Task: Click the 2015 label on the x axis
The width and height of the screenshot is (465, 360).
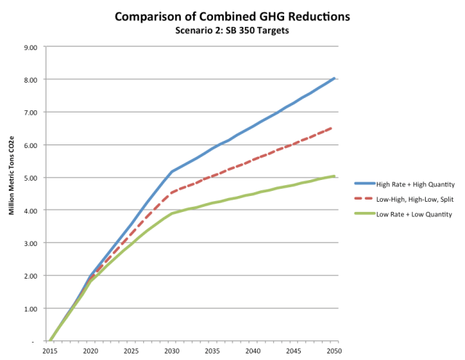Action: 51,351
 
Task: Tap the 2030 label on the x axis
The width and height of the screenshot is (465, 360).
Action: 171,351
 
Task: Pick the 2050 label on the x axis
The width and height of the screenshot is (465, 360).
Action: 333,351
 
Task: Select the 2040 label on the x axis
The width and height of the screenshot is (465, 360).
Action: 252,351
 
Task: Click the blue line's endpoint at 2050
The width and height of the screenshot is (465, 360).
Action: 333,78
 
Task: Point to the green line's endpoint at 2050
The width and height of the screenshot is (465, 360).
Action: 333,176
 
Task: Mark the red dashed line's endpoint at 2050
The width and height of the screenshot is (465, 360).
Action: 333,127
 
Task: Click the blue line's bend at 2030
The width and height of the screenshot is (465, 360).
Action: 171,172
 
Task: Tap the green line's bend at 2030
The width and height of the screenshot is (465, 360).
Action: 171,213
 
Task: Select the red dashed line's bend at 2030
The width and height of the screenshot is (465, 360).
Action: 171,193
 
